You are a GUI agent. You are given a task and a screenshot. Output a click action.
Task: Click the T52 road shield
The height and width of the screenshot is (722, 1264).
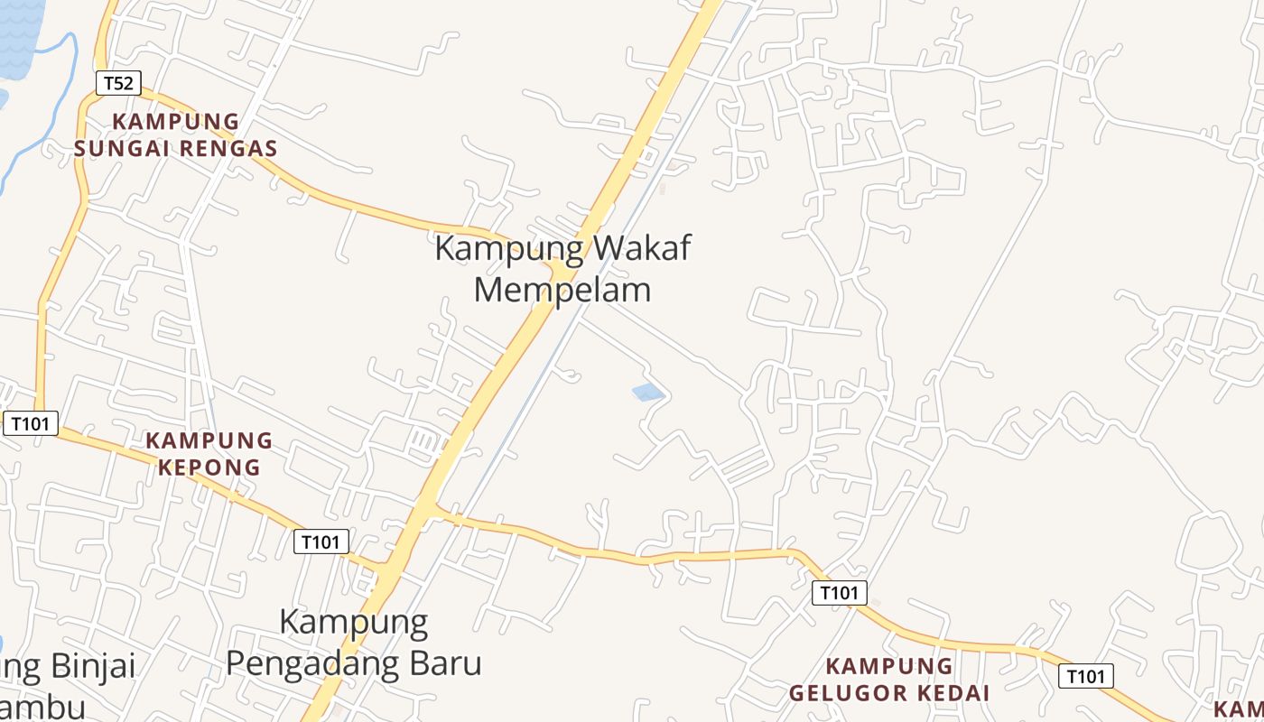(x=118, y=84)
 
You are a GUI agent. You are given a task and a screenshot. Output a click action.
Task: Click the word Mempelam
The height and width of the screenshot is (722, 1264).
(x=562, y=290)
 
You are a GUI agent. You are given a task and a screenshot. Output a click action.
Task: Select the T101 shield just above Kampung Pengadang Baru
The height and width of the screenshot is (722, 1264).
(x=321, y=541)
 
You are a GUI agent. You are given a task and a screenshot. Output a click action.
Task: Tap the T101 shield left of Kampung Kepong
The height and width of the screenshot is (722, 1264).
(x=31, y=422)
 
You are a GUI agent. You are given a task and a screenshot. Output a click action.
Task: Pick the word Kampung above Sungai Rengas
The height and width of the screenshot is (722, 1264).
(x=176, y=122)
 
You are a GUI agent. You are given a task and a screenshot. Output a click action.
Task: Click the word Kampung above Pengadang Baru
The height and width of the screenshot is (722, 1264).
(x=353, y=622)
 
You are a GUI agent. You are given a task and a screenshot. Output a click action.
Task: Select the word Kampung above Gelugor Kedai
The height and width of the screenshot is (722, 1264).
(x=889, y=667)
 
